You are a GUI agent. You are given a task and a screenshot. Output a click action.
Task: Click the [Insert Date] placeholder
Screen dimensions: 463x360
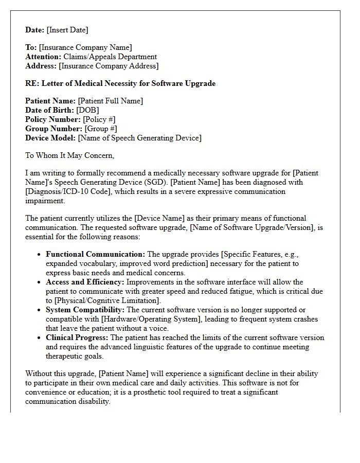[x=67, y=30]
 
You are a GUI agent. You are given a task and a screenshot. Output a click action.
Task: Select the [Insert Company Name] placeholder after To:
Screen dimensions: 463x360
[x=85, y=48]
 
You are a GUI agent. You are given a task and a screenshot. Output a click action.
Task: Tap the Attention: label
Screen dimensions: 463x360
[x=44, y=57]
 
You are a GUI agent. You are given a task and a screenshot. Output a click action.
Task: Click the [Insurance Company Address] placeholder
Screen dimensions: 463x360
[x=109, y=66]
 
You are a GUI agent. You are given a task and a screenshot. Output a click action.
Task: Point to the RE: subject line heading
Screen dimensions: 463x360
[x=120, y=83]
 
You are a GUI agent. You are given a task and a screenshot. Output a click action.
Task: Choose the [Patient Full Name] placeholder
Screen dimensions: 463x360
[x=111, y=101]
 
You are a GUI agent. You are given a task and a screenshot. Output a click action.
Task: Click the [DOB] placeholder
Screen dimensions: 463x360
[x=87, y=111]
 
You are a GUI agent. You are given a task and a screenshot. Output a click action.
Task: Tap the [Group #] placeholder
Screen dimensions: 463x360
[x=101, y=129]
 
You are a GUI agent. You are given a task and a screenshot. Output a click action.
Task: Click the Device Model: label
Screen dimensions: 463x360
[x=50, y=138]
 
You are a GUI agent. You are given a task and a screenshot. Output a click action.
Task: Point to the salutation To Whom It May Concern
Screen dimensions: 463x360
[x=70, y=155]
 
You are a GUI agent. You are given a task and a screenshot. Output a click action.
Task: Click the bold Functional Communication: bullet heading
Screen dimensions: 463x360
[x=96, y=255]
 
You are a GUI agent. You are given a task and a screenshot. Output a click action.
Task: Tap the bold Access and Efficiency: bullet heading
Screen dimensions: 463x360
[x=85, y=282]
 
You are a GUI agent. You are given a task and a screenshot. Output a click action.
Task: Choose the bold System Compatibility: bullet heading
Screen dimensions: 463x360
[x=85, y=310]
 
